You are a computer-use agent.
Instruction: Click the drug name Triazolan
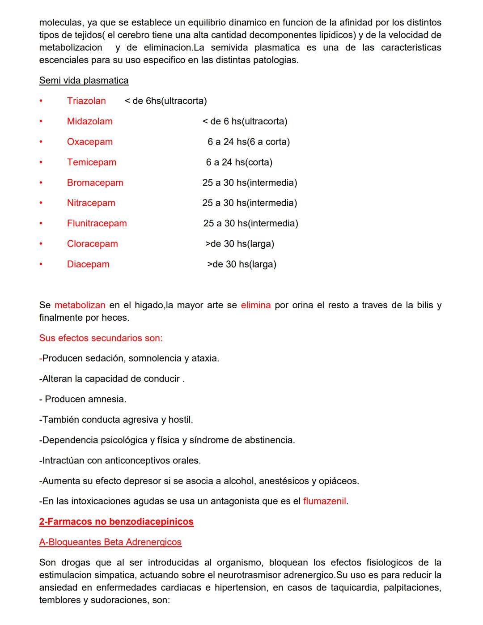coord(86,101)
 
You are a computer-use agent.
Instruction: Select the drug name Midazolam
coord(89,121)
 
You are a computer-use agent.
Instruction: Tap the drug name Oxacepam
coord(89,142)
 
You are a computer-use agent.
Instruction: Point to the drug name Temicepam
coord(91,162)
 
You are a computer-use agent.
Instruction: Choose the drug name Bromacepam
coord(95,183)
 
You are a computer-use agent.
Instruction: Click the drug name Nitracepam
coord(91,203)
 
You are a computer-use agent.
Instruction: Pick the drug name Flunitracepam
coord(97,223)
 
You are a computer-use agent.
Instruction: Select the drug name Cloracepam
coord(92,244)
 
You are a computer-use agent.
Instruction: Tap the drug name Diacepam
coord(88,264)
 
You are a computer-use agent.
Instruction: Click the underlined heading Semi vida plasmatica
coord(84,81)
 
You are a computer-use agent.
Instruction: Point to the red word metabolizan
coord(80,305)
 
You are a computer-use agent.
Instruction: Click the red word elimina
coord(255,305)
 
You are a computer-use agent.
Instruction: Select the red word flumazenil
coord(324,501)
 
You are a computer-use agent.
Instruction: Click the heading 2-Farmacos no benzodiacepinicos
coord(116,522)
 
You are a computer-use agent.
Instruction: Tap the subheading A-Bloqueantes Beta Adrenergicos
coord(110,542)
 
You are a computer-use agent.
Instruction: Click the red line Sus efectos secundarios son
coord(101,338)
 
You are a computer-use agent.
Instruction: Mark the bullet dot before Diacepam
coord(41,264)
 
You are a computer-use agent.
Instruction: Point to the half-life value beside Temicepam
coord(239,162)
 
